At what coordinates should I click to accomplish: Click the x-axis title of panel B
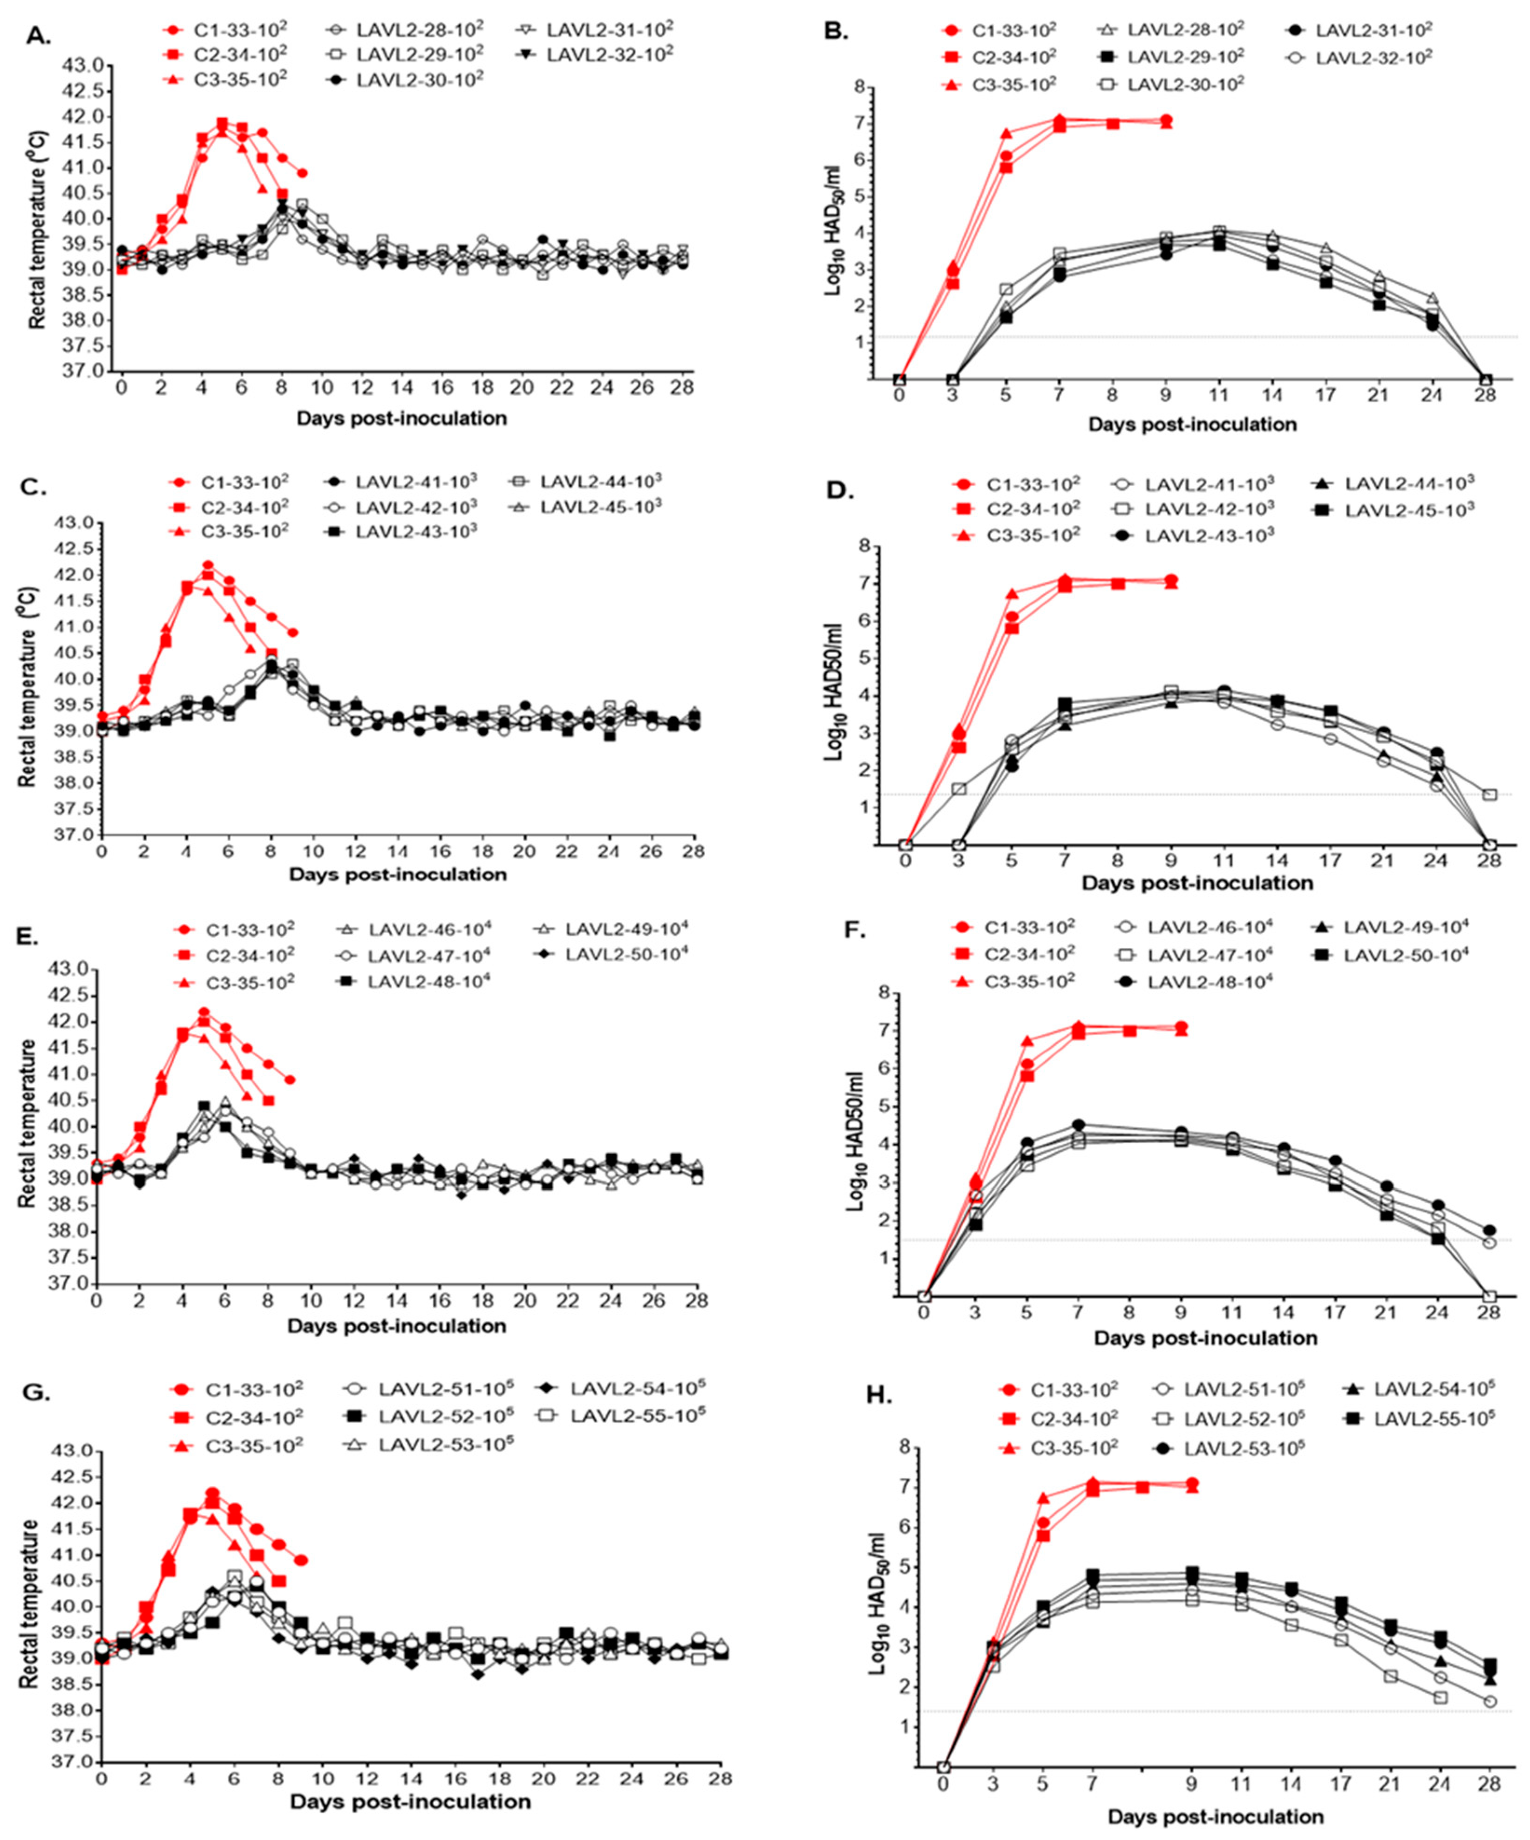pyautogui.click(x=1192, y=425)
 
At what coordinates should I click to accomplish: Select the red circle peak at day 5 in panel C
pyautogui.click(x=208, y=565)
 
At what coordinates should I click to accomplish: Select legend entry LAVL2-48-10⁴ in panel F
pyautogui.click(x=1209, y=981)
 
